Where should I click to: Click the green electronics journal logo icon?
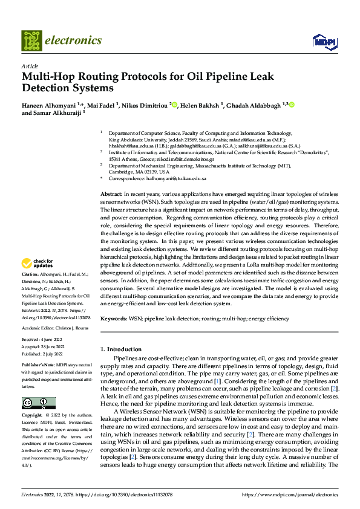point(32,41)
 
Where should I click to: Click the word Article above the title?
point(30,66)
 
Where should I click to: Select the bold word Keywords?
point(114,318)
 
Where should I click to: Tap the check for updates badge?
point(38,263)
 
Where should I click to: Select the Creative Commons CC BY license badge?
point(38,403)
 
